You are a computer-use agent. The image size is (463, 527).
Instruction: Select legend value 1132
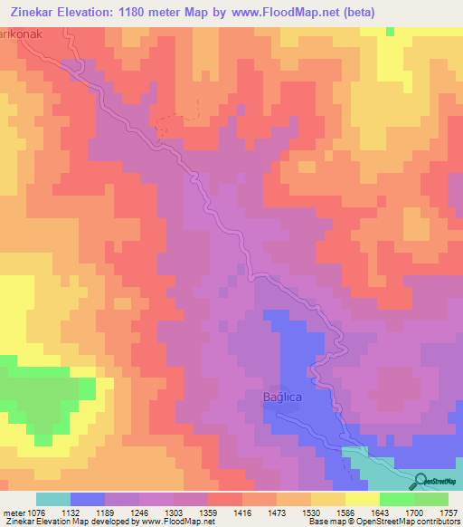[x=88, y=512]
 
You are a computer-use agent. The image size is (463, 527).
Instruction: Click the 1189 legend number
[x=122, y=512]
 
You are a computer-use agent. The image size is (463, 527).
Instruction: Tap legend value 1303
[x=191, y=512]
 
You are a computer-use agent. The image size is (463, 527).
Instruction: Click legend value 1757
[x=449, y=512]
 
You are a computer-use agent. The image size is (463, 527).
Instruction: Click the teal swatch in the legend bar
[x=53, y=499]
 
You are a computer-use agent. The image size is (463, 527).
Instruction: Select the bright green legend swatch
[x=397, y=499]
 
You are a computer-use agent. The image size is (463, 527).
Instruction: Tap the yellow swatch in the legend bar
[x=363, y=499]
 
